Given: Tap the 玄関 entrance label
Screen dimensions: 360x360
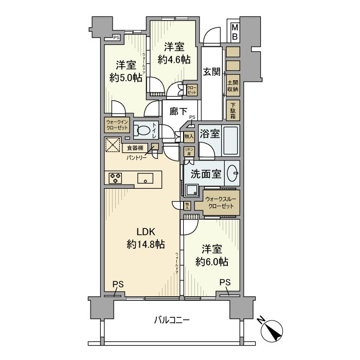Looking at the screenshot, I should coord(212,73).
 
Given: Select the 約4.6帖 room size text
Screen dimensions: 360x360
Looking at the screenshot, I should coord(174,59).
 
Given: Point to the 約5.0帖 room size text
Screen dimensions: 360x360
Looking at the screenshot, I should coord(125,78).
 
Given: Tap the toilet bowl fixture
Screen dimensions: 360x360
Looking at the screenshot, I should coord(143,130).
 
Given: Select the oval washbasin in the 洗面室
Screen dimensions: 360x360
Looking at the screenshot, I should coord(232,174).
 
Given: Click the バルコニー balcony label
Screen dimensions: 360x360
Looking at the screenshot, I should coord(172,320).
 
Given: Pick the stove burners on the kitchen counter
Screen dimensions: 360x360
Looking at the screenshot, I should coord(116,178).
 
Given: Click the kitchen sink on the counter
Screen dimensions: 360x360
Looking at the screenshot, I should coord(145,178).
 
